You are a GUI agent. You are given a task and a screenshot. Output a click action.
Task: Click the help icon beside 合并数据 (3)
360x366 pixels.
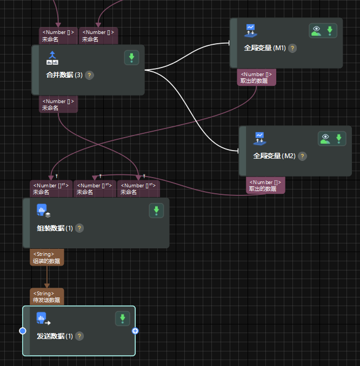(90, 75)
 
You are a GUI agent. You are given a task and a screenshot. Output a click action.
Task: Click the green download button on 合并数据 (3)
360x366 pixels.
(131, 58)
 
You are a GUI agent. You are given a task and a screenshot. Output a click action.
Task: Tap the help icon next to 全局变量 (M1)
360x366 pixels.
(292, 48)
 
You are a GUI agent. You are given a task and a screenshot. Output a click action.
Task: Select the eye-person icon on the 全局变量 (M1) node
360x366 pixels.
(316, 31)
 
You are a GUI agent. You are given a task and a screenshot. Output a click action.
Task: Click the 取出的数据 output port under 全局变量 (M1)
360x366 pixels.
(256, 78)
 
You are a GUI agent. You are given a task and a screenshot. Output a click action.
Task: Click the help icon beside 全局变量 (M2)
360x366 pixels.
(302, 156)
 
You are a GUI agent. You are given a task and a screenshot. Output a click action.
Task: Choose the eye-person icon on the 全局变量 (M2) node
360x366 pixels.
(325, 139)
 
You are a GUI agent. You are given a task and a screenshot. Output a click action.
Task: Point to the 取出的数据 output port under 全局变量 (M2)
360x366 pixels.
(265, 186)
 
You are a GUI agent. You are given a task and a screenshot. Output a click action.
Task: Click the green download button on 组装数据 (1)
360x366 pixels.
(156, 211)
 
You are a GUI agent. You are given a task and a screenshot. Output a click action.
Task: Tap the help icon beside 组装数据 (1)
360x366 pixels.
(79, 228)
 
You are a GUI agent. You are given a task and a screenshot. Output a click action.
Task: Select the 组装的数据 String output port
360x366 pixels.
(46, 257)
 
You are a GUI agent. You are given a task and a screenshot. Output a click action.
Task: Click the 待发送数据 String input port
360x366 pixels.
(46, 296)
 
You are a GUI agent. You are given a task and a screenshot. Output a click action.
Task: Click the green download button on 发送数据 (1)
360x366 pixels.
(123, 318)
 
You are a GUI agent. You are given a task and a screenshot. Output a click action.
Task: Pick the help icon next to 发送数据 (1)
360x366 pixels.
(79, 336)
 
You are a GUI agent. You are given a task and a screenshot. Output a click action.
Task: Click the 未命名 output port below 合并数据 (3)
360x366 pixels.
(58, 105)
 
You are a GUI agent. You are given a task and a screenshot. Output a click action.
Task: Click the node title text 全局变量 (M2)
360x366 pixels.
(275, 156)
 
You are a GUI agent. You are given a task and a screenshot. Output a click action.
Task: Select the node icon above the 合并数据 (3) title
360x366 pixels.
(53, 58)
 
